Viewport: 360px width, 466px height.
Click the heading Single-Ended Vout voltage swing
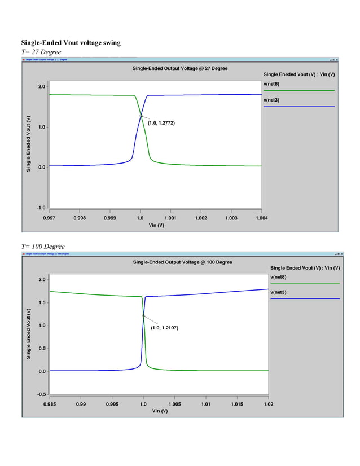pyautogui.click(x=71, y=43)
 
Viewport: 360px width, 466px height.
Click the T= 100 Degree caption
pyautogui.click(x=43, y=247)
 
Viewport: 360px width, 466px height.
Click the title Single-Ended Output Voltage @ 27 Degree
pyautogui.click(x=180, y=68)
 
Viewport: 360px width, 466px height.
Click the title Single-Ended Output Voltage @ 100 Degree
pyautogui.click(x=182, y=262)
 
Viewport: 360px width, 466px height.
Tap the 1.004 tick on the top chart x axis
pyautogui.click(x=261, y=217)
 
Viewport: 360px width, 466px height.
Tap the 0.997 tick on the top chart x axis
pyautogui.click(x=50, y=217)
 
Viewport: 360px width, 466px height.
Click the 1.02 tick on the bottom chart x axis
pyautogui.click(x=268, y=403)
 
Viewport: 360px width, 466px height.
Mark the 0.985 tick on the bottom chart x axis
pyautogui.click(x=50, y=403)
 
